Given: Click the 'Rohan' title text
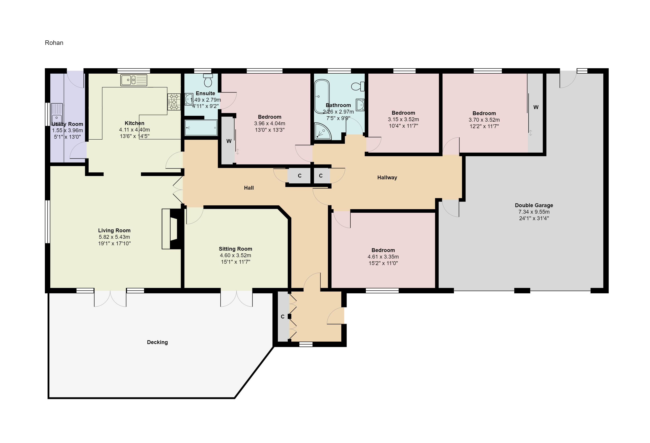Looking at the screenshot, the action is click(54, 43).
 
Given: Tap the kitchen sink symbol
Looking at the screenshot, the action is click(134, 80).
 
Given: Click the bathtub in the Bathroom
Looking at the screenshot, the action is click(322, 96).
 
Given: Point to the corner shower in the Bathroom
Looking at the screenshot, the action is click(323, 132).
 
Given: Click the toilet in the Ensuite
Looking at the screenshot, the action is click(208, 80).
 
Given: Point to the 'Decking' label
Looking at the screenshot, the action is click(158, 342).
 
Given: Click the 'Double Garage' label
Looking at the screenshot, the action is click(534, 205).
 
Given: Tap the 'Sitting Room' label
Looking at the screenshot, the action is click(235, 249).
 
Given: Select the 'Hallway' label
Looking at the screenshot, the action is click(387, 178).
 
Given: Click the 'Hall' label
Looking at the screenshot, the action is click(249, 188).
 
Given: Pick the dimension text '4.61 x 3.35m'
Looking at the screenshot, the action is click(383, 257).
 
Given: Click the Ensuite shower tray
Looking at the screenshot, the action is click(201, 128).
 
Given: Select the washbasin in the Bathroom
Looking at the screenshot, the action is click(360, 105).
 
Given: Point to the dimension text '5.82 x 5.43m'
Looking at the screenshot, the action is click(114, 237).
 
